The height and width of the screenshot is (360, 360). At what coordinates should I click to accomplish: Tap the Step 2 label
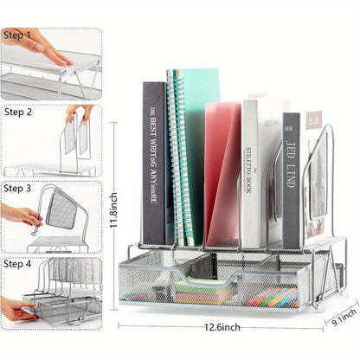[17, 112]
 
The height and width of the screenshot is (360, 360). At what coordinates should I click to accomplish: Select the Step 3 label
[17, 188]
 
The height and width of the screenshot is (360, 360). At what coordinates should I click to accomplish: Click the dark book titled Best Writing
[153, 164]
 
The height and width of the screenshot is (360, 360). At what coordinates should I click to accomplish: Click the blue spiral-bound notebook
[175, 156]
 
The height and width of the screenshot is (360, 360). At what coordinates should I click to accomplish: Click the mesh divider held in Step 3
[61, 209]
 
